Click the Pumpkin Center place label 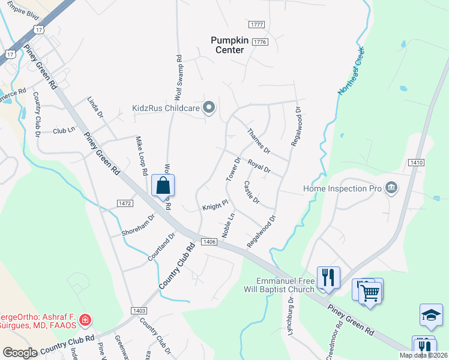(228, 45)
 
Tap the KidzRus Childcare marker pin (209, 108)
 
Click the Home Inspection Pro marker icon (391, 188)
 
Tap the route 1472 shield (108, 203)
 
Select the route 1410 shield (417, 162)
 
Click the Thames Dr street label (259, 141)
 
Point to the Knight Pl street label (215, 206)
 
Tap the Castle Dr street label (252, 191)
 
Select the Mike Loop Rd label (141, 155)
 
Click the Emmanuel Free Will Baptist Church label (285, 285)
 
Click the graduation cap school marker (431, 316)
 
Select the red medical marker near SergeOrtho (85, 320)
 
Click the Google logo (19, 353)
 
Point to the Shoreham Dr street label (137, 225)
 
